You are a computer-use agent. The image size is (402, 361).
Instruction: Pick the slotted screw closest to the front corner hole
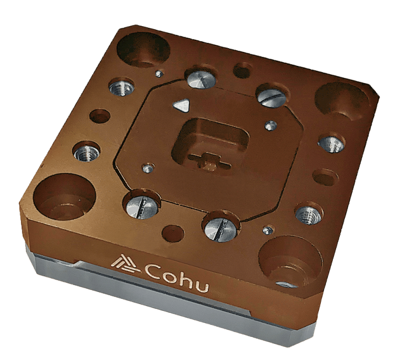click(x=221, y=227)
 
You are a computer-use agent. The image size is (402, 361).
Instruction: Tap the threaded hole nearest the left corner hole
click(x=85, y=152)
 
